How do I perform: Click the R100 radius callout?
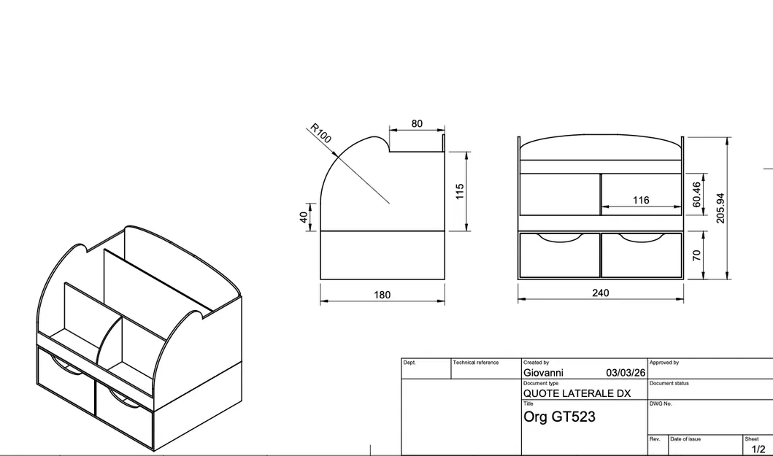(321, 134)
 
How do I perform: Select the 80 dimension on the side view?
(417, 123)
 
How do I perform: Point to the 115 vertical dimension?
(460, 192)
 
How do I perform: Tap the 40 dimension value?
(304, 217)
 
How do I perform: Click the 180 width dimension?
(382, 295)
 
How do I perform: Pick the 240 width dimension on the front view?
(601, 293)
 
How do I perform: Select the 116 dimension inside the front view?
(641, 200)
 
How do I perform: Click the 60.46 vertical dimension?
(696, 195)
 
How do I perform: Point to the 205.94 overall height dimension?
(720, 208)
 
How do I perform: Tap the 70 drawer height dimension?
(696, 255)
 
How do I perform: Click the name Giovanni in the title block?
(543, 373)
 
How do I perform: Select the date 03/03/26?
(626, 373)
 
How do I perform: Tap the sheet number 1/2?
(758, 449)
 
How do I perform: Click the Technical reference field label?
(475, 363)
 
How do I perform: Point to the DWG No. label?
(660, 403)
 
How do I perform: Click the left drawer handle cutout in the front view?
(559, 237)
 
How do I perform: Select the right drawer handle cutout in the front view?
(642, 237)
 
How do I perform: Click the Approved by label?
(664, 363)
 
